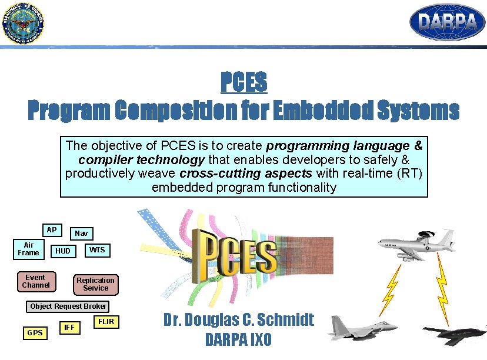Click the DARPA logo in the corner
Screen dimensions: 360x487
pyautogui.click(x=447, y=22)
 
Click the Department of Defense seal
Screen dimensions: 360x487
pyautogui.click(x=22, y=24)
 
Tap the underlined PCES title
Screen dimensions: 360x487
pyautogui.click(x=243, y=82)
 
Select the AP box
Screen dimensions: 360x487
pyautogui.click(x=52, y=230)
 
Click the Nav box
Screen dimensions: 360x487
pyautogui.click(x=81, y=234)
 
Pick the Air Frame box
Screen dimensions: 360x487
pyautogui.click(x=28, y=249)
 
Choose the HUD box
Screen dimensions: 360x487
pyautogui.click(x=62, y=251)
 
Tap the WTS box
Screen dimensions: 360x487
pyautogui.click(x=97, y=250)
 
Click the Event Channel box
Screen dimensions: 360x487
pyautogui.click(x=35, y=281)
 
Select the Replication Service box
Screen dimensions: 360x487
pyautogui.click(x=95, y=284)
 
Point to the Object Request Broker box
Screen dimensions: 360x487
pyautogui.click(x=68, y=306)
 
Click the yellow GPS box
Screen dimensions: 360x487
pyautogui.click(x=35, y=333)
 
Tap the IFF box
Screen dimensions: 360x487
pyautogui.click(x=69, y=327)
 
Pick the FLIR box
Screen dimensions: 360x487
pyautogui.click(x=106, y=322)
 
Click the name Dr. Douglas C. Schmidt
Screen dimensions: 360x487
pyautogui.click(x=238, y=320)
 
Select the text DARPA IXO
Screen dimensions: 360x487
pyautogui.click(x=238, y=340)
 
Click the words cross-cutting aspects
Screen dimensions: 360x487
pyautogui.click(x=245, y=173)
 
